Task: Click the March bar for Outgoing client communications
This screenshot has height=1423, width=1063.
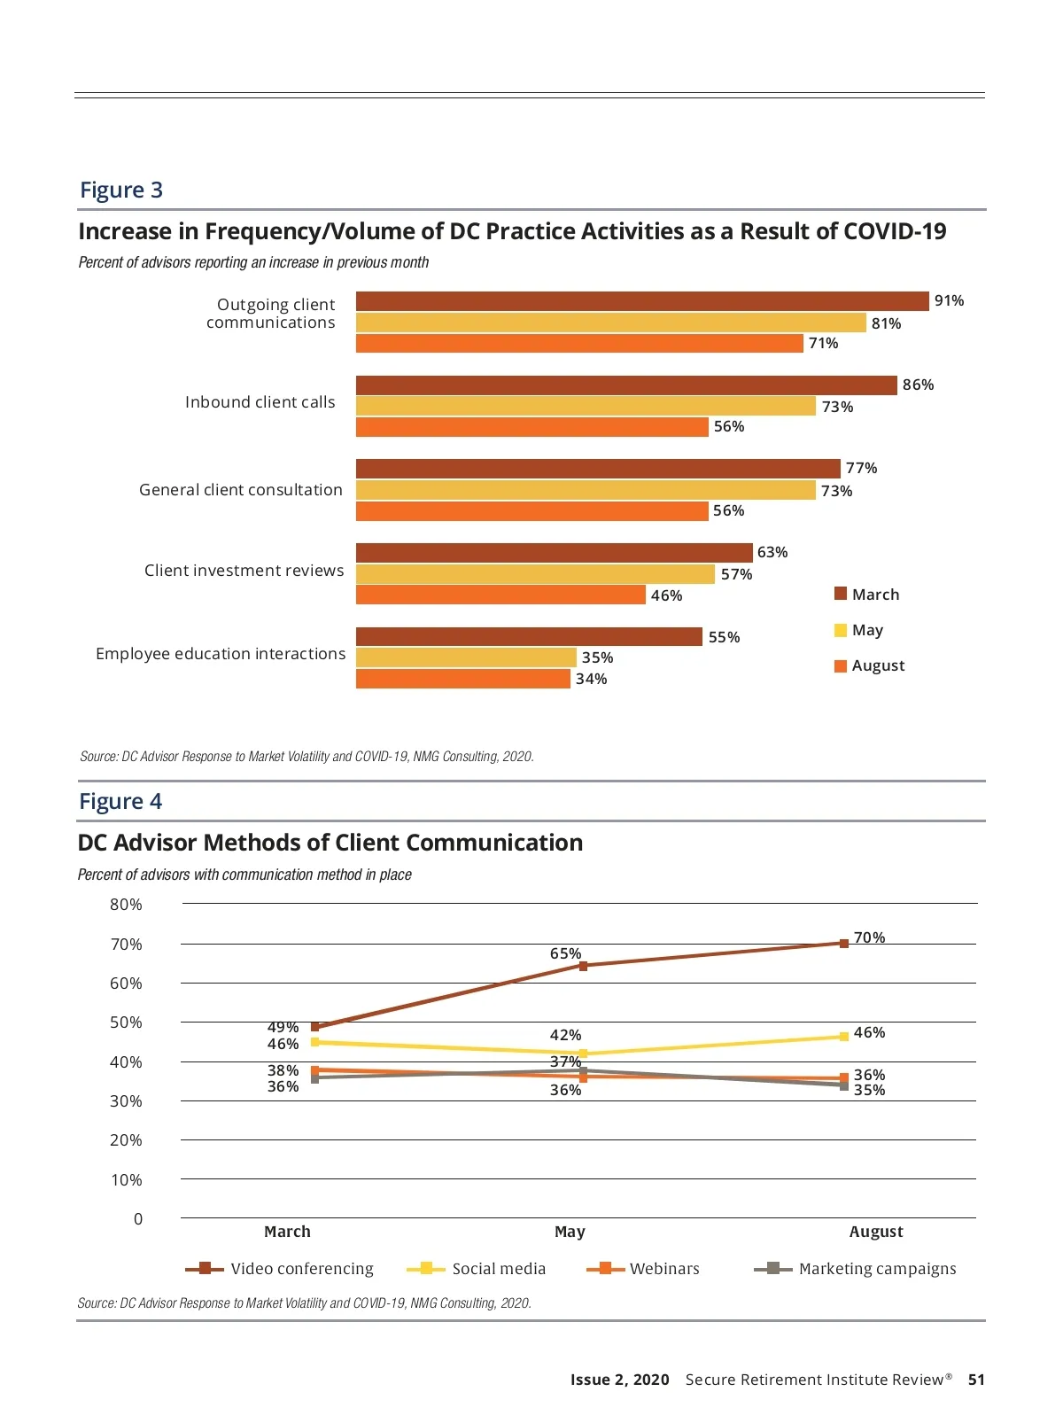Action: click(x=642, y=301)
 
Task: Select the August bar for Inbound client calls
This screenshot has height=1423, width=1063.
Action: click(x=531, y=427)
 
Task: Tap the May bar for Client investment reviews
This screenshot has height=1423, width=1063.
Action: click(x=535, y=574)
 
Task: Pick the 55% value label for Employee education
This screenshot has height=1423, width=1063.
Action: click(x=724, y=637)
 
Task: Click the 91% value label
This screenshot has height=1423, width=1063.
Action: click(x=949, y=301)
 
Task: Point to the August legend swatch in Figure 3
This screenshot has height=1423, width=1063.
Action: click(x=841, y=666)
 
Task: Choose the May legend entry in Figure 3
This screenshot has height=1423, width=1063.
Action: click(x=867, y=630)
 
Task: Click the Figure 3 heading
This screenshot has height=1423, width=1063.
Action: click(x=121, y=190)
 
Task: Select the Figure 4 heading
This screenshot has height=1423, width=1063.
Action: click(x=120, y=801)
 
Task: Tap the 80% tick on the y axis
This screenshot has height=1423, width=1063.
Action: click(x=126, y=905)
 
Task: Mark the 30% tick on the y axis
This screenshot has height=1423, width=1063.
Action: click(x=126, y=1101)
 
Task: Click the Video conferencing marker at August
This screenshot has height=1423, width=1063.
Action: click(x=844, y=944)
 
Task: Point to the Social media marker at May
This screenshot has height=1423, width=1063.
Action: click(x=583, y=1054)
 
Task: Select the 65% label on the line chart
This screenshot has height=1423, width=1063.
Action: click(x=565, y=953)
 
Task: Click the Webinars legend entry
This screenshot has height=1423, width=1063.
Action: click(x=664, y=1269)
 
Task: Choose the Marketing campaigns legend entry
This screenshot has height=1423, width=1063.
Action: click(x=877, y=1269)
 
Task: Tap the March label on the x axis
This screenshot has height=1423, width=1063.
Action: click(x=287, y=1232)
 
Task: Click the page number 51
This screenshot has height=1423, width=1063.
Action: click(x=976, y=1380)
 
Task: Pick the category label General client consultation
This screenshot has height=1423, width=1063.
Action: click(x=240, y=490)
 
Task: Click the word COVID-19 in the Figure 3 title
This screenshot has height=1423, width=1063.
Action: click(x=895, y=231)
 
